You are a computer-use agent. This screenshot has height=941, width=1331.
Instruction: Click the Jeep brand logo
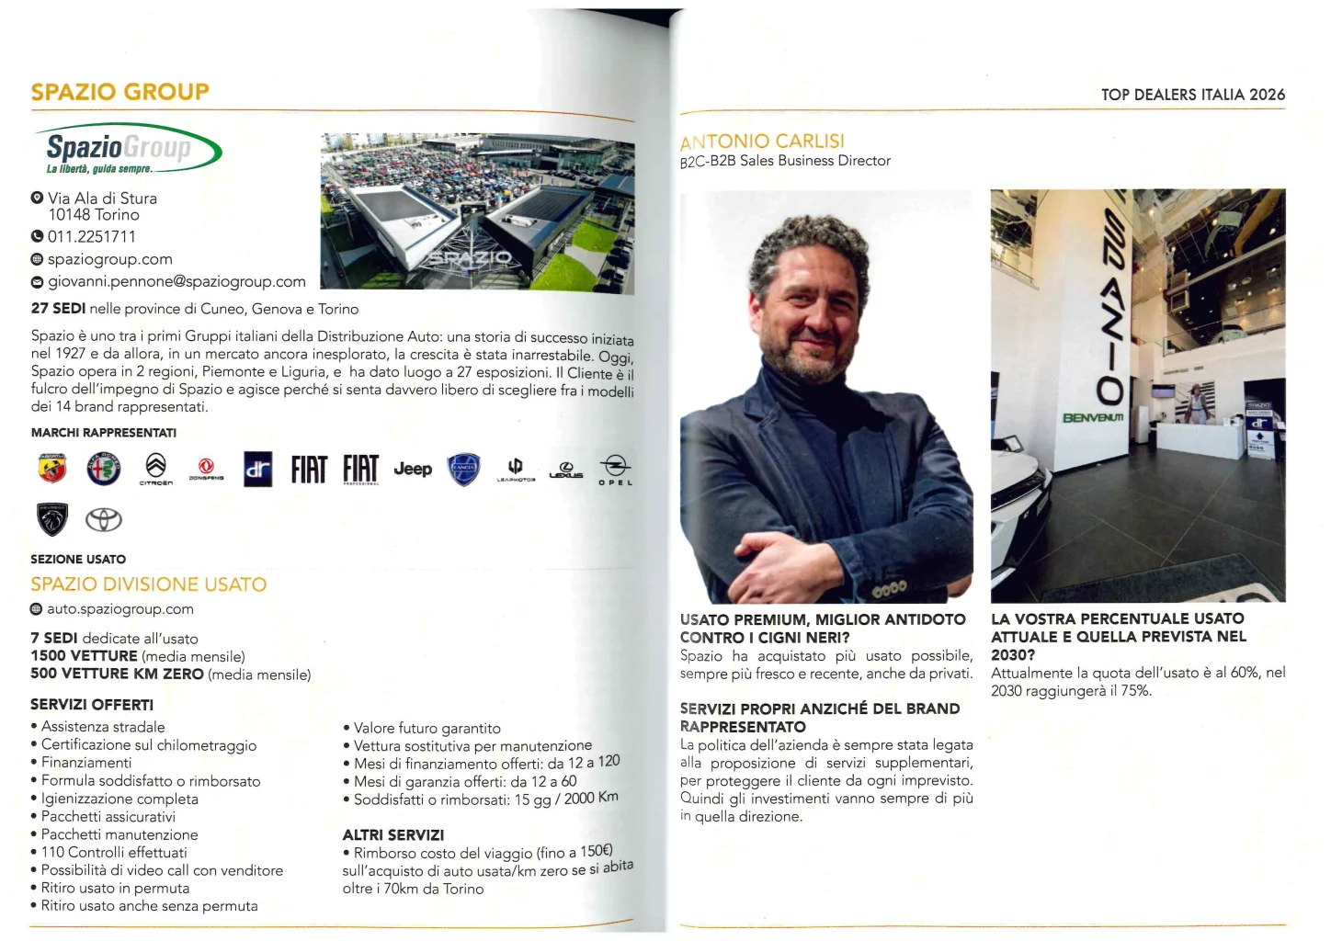pyautogui.click(x=413, y=469)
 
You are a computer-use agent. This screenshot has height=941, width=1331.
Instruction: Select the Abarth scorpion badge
pyautogui.click(x=52, y=469)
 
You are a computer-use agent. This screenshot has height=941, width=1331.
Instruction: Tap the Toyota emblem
pyautogui.click(x=104, y=520)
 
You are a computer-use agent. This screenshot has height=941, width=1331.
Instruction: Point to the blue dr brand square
pyautogui.click(x=257, y=469)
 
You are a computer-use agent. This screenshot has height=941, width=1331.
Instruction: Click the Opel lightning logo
pyautogui.click(x=615, y=468)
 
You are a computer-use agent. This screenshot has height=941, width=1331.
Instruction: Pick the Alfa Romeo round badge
pyautogui.click(x=104, y=469)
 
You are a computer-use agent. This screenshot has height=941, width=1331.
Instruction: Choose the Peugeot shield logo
pyautogui.click(x=52, y=519)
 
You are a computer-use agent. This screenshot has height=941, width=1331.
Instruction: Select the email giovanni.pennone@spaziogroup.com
pyautogui.click(x=176, y=281)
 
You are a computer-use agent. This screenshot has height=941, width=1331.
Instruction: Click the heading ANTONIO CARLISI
pyautogui.click(x=762, y=142)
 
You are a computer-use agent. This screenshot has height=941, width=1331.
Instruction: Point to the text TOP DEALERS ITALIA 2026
pyautogui.click(x=1192, y=95)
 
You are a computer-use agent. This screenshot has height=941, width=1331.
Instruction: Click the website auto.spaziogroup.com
pyautogui.click(x=120, y=608)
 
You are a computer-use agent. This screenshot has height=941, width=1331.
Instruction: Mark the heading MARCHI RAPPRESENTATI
pyautogui.click(x=104, y=433)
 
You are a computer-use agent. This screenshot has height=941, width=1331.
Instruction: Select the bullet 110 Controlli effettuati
pyautogui.click(x=114, y=852)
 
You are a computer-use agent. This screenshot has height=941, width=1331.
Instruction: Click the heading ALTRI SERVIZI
pyautogui.click(x=393, y=834)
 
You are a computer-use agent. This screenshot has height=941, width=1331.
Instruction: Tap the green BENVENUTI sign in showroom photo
pyautogui.click(x=1093, y=418)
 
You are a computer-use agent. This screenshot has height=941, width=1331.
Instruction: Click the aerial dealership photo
pyautogui.click(x=477, y=213)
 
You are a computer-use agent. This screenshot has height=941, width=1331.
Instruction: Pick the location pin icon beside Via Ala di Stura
pyautogui.click(x=38, y=198)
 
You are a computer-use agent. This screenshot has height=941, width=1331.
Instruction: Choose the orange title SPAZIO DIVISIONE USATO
pyautogui.click(x=148, y=584)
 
